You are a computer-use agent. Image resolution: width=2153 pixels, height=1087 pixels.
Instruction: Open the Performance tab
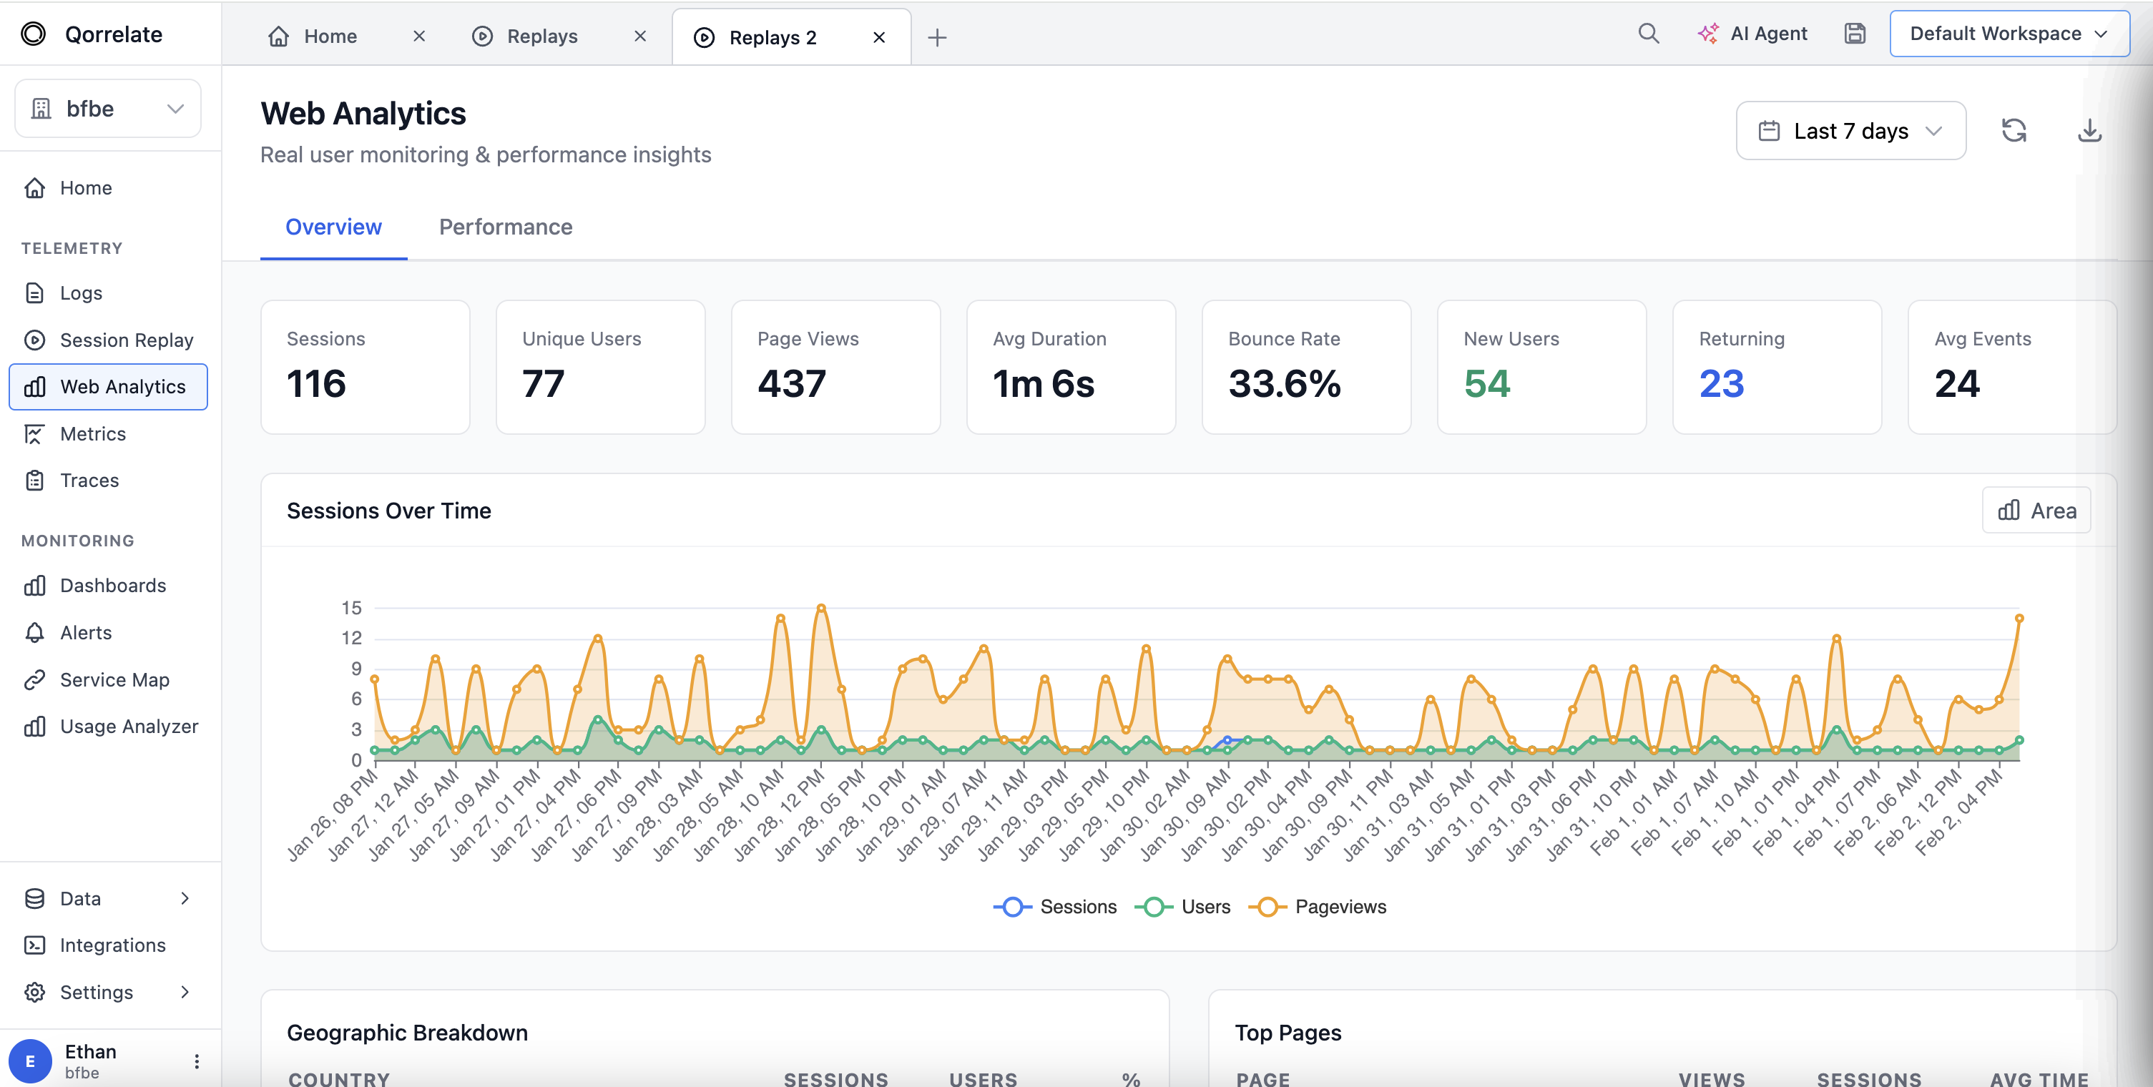(x=506, y=227)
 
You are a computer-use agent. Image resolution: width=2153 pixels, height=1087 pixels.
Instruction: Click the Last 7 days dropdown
(x=1850, y=131)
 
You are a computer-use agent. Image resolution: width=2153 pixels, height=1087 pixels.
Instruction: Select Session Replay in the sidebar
(x=126, y=340)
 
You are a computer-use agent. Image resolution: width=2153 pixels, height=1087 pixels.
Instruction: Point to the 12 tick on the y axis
(x=351, y=639)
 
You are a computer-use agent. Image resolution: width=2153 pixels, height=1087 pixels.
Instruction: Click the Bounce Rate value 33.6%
(x=1284, y=384)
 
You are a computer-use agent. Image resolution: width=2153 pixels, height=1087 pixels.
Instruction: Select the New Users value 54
(x=1487, y=384)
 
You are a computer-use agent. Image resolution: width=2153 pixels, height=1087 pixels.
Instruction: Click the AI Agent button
(x=1752, y=34)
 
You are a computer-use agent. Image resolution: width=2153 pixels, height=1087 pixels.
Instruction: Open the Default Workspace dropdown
(x=2009, y=34)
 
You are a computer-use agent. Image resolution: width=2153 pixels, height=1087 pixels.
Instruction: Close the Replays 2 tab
(x=878, y=38)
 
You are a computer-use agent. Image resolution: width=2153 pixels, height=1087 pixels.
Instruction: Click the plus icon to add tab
(x=937, y=38)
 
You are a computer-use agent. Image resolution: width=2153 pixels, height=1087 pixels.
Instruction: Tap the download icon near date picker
(x=2089, y=131)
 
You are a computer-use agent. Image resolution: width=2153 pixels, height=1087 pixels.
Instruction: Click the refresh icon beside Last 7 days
(x=2014, y=131)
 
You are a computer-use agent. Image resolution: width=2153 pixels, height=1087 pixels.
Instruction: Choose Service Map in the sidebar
(x=114, y=680)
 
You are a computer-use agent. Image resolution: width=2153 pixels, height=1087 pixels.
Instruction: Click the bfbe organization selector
(x=108, y=109)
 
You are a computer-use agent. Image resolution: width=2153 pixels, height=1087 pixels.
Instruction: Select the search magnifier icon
(x=1648, y=34)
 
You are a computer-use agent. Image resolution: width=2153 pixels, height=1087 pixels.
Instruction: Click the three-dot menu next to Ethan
(x=197, y=1061)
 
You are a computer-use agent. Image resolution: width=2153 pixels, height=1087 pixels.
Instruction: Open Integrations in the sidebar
(x=113, y=945)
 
